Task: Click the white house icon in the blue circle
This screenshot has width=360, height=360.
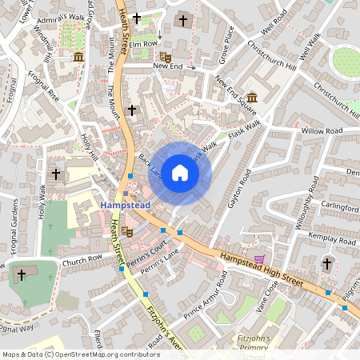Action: coord(180,172)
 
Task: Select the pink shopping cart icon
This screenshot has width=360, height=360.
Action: coord(258,259)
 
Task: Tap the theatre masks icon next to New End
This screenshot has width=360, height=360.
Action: coord(165,57)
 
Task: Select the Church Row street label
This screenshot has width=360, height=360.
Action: coord(83,259)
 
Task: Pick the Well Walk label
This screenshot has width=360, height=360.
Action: coord(311,47)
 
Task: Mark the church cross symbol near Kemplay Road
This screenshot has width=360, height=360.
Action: coord(326,263)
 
